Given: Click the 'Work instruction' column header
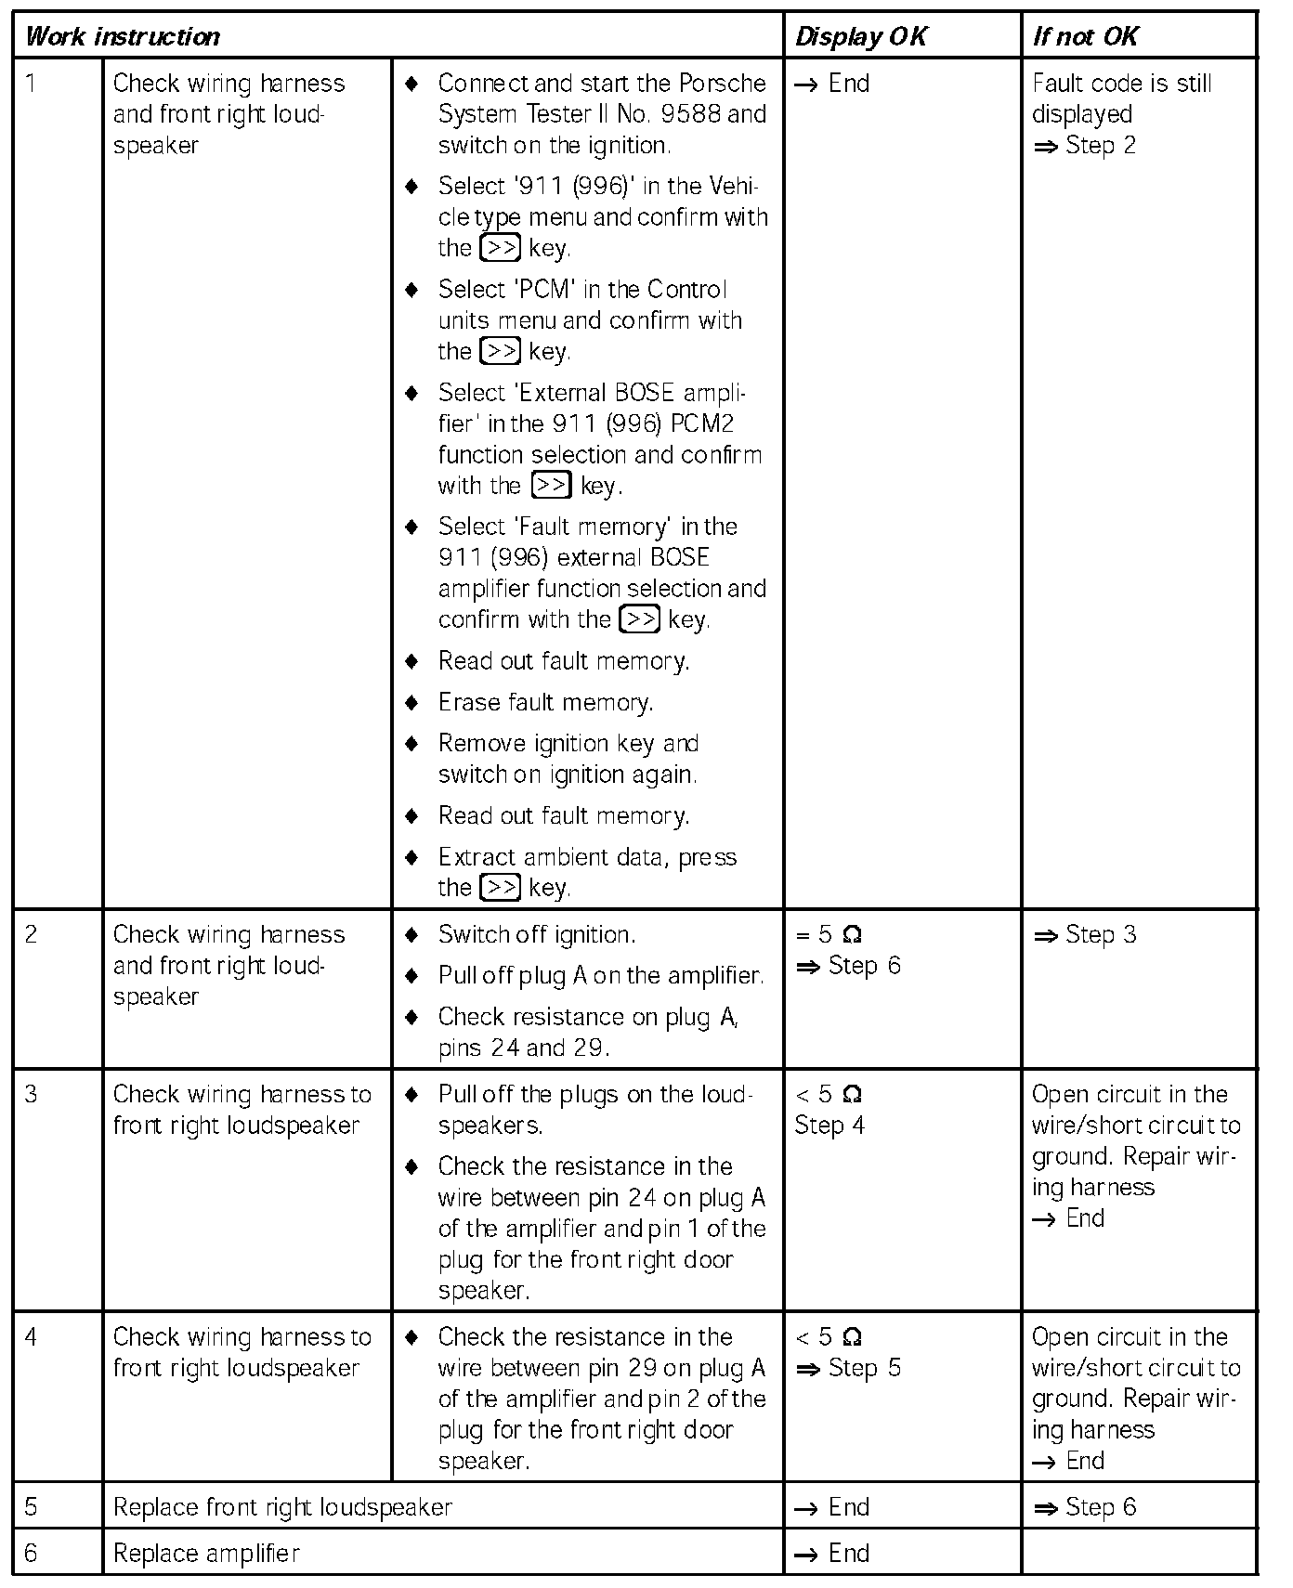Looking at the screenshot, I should pyautogui.click(x=123, y=37).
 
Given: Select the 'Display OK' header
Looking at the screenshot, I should pyautogui.click(x=861, y=37).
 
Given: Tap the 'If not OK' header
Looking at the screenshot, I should pyautogui.click(x=1085, y=37).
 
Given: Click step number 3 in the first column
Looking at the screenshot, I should pyautogui.click(x=32, y=1094).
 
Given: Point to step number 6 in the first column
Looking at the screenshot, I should pyautogui.click(x=32, y=1553).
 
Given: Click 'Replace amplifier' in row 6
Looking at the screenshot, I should pyautogui.click(x=206, y=1553).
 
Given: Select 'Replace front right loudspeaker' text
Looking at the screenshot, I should pyautogui.click(x=282, y=1506).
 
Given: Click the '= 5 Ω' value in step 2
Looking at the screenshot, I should pyautogui.click(x=829, y=934).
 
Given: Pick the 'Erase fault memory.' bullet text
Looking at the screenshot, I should pyautogui.click(x=545, y=702).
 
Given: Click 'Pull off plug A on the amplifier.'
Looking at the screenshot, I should pyautogui.click(x=601, y=975).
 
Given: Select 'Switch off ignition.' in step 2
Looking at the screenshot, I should pyautogui.click(x=537, y=934).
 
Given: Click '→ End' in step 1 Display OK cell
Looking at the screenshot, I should pyautogui.click(x=833, y=84).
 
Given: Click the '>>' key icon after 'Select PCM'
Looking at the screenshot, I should pyautogui.click(x=501, y=351).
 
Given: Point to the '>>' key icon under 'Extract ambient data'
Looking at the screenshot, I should pyautogui.click(x=501, y=887).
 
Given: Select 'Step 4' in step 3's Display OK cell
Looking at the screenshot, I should pyautogui.click(x=829, y=1126).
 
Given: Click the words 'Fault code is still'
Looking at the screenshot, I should pyautogui.click(x=1122, y=84).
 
